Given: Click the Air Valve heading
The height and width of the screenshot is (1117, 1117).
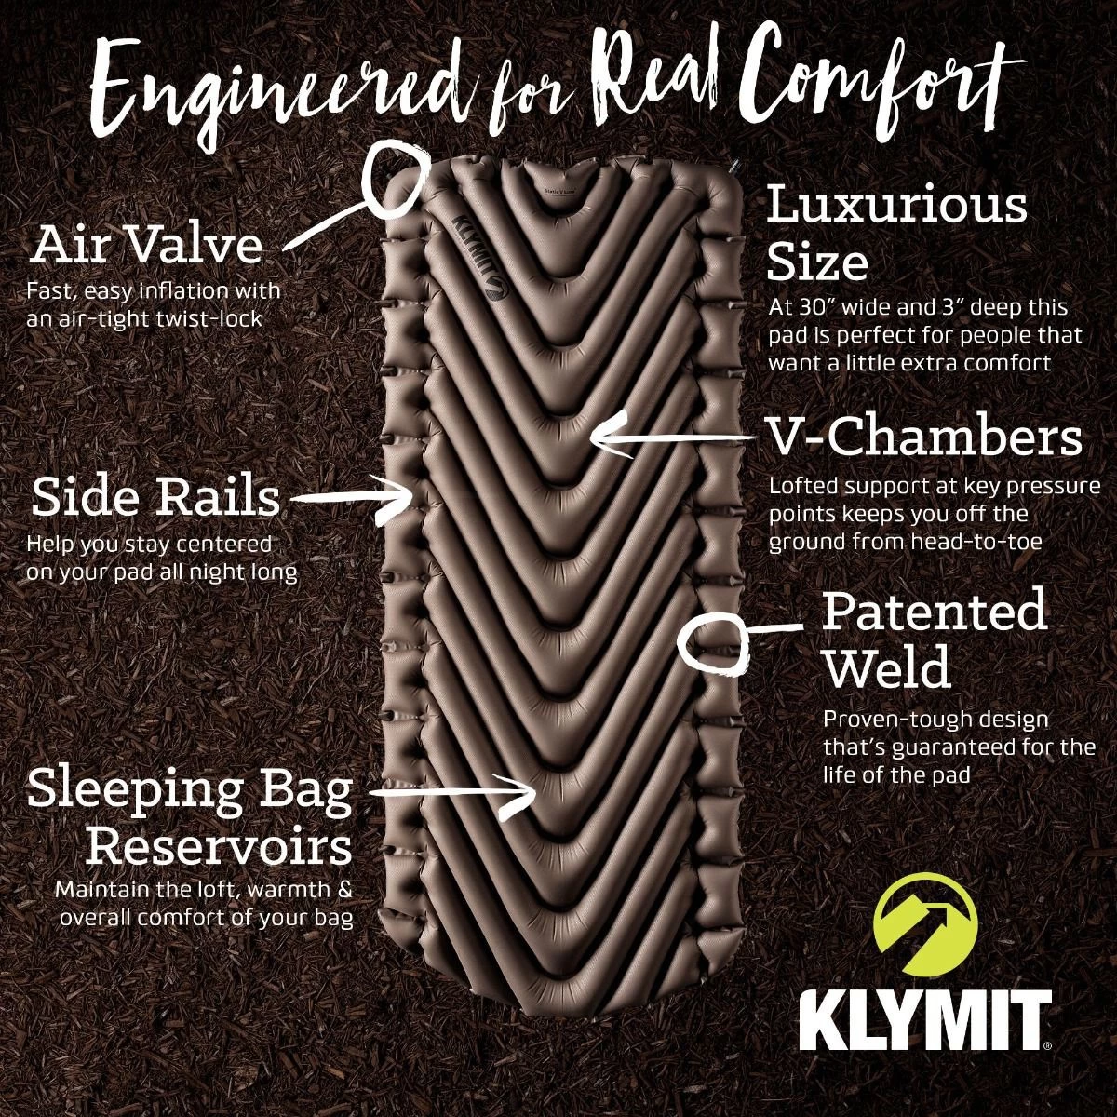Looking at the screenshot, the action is click(148, 244).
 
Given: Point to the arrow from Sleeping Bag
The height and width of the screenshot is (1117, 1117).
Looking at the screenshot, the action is click(452, 795).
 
